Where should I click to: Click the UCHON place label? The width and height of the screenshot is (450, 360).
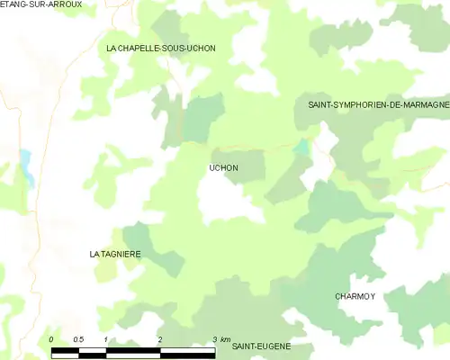click(x=223, y=168)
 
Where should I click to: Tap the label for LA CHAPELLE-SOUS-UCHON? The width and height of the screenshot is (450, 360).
click(x=161, y=48)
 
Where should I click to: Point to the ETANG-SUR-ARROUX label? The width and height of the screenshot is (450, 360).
click(x=41, y=4)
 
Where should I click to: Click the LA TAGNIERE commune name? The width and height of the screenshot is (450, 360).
click(x=115, y=255)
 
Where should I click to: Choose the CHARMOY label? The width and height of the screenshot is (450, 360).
click(x=355, y=296)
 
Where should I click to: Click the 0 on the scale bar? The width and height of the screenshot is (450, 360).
click(x=52, y=338)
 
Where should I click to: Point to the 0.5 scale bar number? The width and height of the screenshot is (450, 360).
click(x=78, y=338)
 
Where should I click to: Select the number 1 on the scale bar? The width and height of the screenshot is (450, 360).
click(x=106, y=338)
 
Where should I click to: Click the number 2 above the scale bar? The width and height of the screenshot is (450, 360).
click(x=160, y=338)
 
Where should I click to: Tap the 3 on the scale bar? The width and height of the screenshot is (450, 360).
click(x=213, y=338)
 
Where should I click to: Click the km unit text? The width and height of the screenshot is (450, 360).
click(x=225, y=338)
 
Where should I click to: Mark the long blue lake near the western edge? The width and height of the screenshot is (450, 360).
click(x=25, y=166)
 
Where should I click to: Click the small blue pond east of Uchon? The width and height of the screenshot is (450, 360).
click(x=302, y=147)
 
